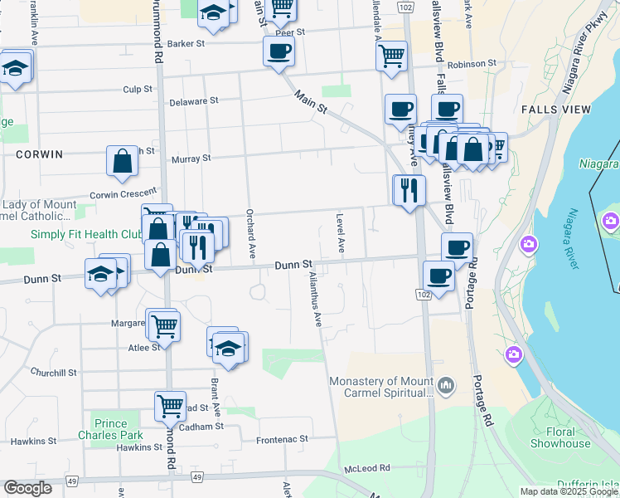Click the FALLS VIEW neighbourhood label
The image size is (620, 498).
[x=556, y=110]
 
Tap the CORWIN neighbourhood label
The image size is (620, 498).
[x=39, y=154]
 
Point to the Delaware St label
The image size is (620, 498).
[x=193, y=100]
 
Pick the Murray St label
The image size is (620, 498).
[x=191, y=158]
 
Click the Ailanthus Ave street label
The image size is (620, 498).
[x=315, y=299]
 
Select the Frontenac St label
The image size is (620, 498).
[x=282, y=438]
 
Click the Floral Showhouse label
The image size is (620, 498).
[x=560, y=437]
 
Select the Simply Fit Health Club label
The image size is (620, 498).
[x=86, y=234]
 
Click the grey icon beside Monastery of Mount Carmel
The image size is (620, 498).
[x=447, y=385]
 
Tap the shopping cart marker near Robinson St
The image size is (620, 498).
[x=391, y=56]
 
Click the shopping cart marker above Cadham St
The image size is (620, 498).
[x=170, y=405]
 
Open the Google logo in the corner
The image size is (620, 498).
[x=27, y=488]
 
